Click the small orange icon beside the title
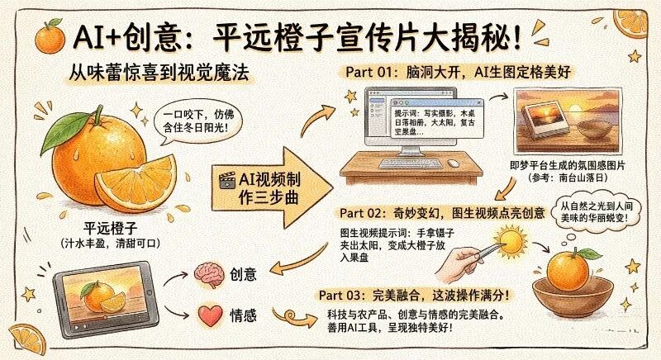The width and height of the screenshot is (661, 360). [50, 36]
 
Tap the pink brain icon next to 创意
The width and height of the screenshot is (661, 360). [207, 274]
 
